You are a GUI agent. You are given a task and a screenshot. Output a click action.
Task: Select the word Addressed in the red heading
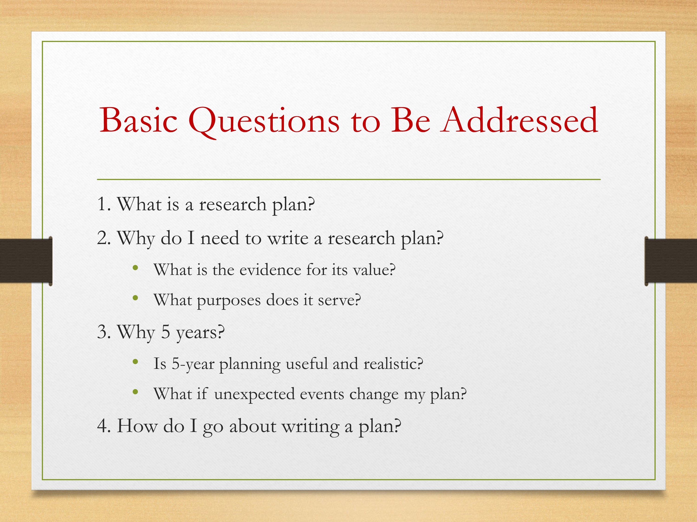pyautogui.click(x=519, y=120)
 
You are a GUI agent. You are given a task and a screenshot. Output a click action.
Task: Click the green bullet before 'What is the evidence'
pyautogui.click(x=135, y=268)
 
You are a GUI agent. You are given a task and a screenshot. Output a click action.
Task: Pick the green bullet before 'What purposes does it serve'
pyautogui.click(x=135, y=298)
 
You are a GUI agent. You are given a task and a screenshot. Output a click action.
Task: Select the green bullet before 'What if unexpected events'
pyautogui.click(x=135, y=392)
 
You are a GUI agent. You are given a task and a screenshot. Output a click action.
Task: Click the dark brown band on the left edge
pyautogui.click(x=26, y=261)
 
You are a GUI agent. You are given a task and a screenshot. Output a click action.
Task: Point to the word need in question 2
pyautogui.click(x=220, y=238)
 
